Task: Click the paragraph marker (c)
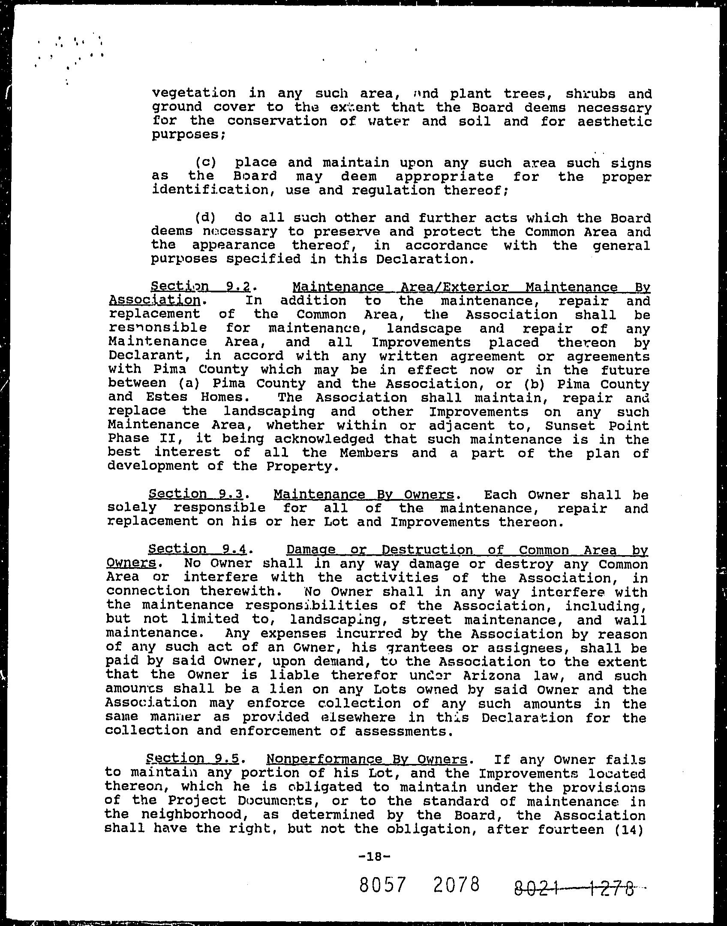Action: pos(205,162)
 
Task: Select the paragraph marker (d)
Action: pos(205,218)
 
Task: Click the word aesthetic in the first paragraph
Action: pos(614,121)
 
